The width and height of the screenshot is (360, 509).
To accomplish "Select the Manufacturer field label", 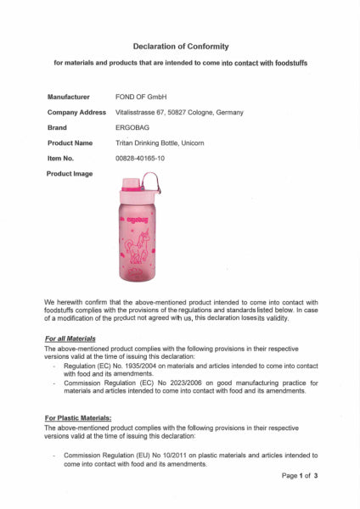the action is click(x=69, y=97).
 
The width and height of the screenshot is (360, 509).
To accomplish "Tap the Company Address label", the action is click(x=76, y=112).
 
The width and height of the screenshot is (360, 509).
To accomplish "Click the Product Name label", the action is click(x=70, y=143).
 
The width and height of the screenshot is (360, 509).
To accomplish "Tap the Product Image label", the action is click(x=70, y=173).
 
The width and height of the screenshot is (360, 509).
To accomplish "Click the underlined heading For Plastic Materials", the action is click(x=78, y=418).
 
